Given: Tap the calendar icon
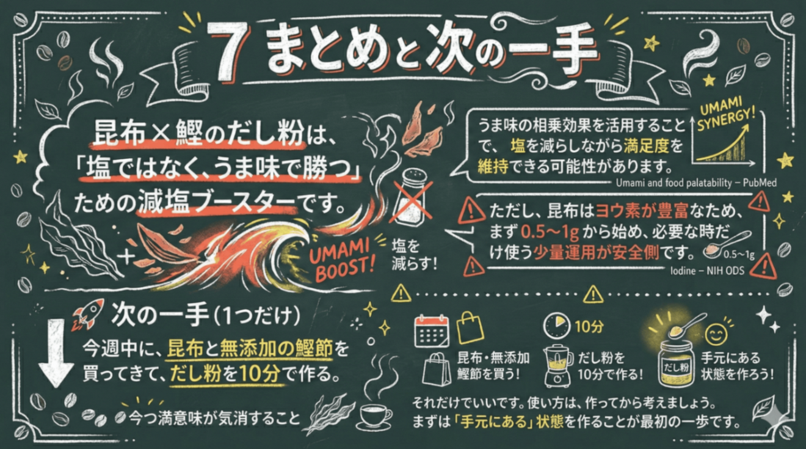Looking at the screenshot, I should [x=431, y=331].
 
